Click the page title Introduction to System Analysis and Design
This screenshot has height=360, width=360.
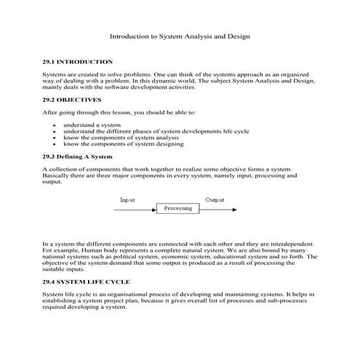click(x=180, y=36)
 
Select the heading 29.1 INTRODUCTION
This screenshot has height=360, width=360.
click(x=78, y=62)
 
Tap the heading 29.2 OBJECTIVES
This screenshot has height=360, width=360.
click(x=72, y=99)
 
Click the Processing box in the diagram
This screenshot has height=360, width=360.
click(x=177, y=208)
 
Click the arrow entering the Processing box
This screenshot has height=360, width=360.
click(x=135, y=209)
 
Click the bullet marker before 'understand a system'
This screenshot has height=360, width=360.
click(x=56, y=126)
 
